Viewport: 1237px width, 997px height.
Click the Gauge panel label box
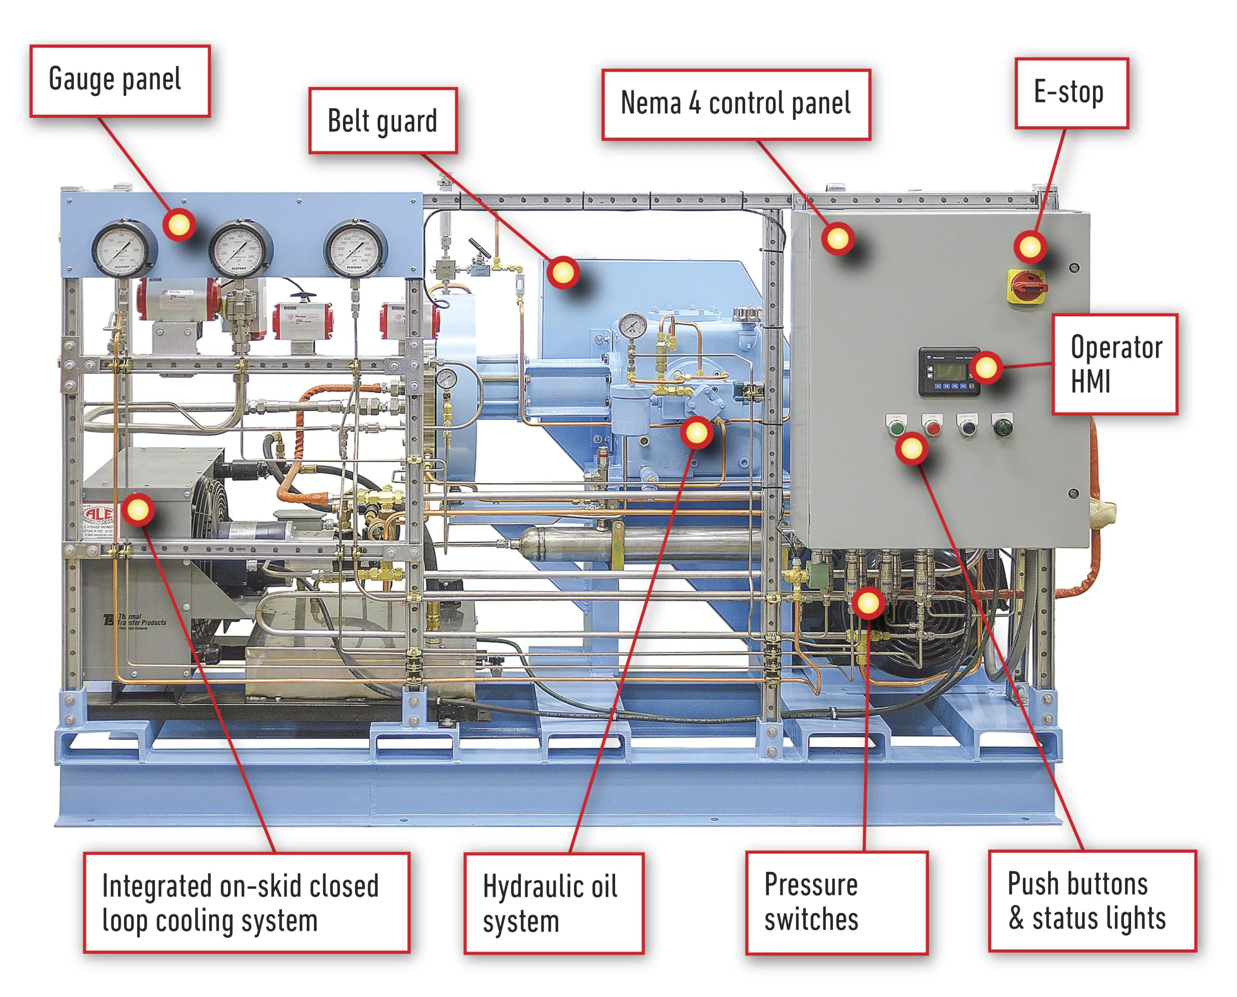click(120, 81)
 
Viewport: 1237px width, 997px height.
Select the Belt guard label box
click(383, 120)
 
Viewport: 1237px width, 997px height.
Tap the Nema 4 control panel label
click(735, 104)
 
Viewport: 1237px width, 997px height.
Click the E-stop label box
click(1071, 93)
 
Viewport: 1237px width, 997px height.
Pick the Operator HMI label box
click(1114, 364)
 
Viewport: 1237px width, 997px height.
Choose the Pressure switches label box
click(836, 902)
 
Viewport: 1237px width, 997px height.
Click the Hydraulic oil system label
click(553, 903)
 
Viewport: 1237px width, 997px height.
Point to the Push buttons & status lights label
click(1091, 900)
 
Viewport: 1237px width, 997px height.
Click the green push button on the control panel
click(895, 428)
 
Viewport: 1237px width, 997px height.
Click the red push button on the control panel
click(933, 428)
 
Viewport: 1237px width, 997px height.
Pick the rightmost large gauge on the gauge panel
click(354, 249)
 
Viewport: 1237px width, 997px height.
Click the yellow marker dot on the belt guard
click(563, 272)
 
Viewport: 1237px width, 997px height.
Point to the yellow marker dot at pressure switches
click(867, 602)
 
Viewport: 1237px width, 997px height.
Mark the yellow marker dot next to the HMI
click(986, 367)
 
